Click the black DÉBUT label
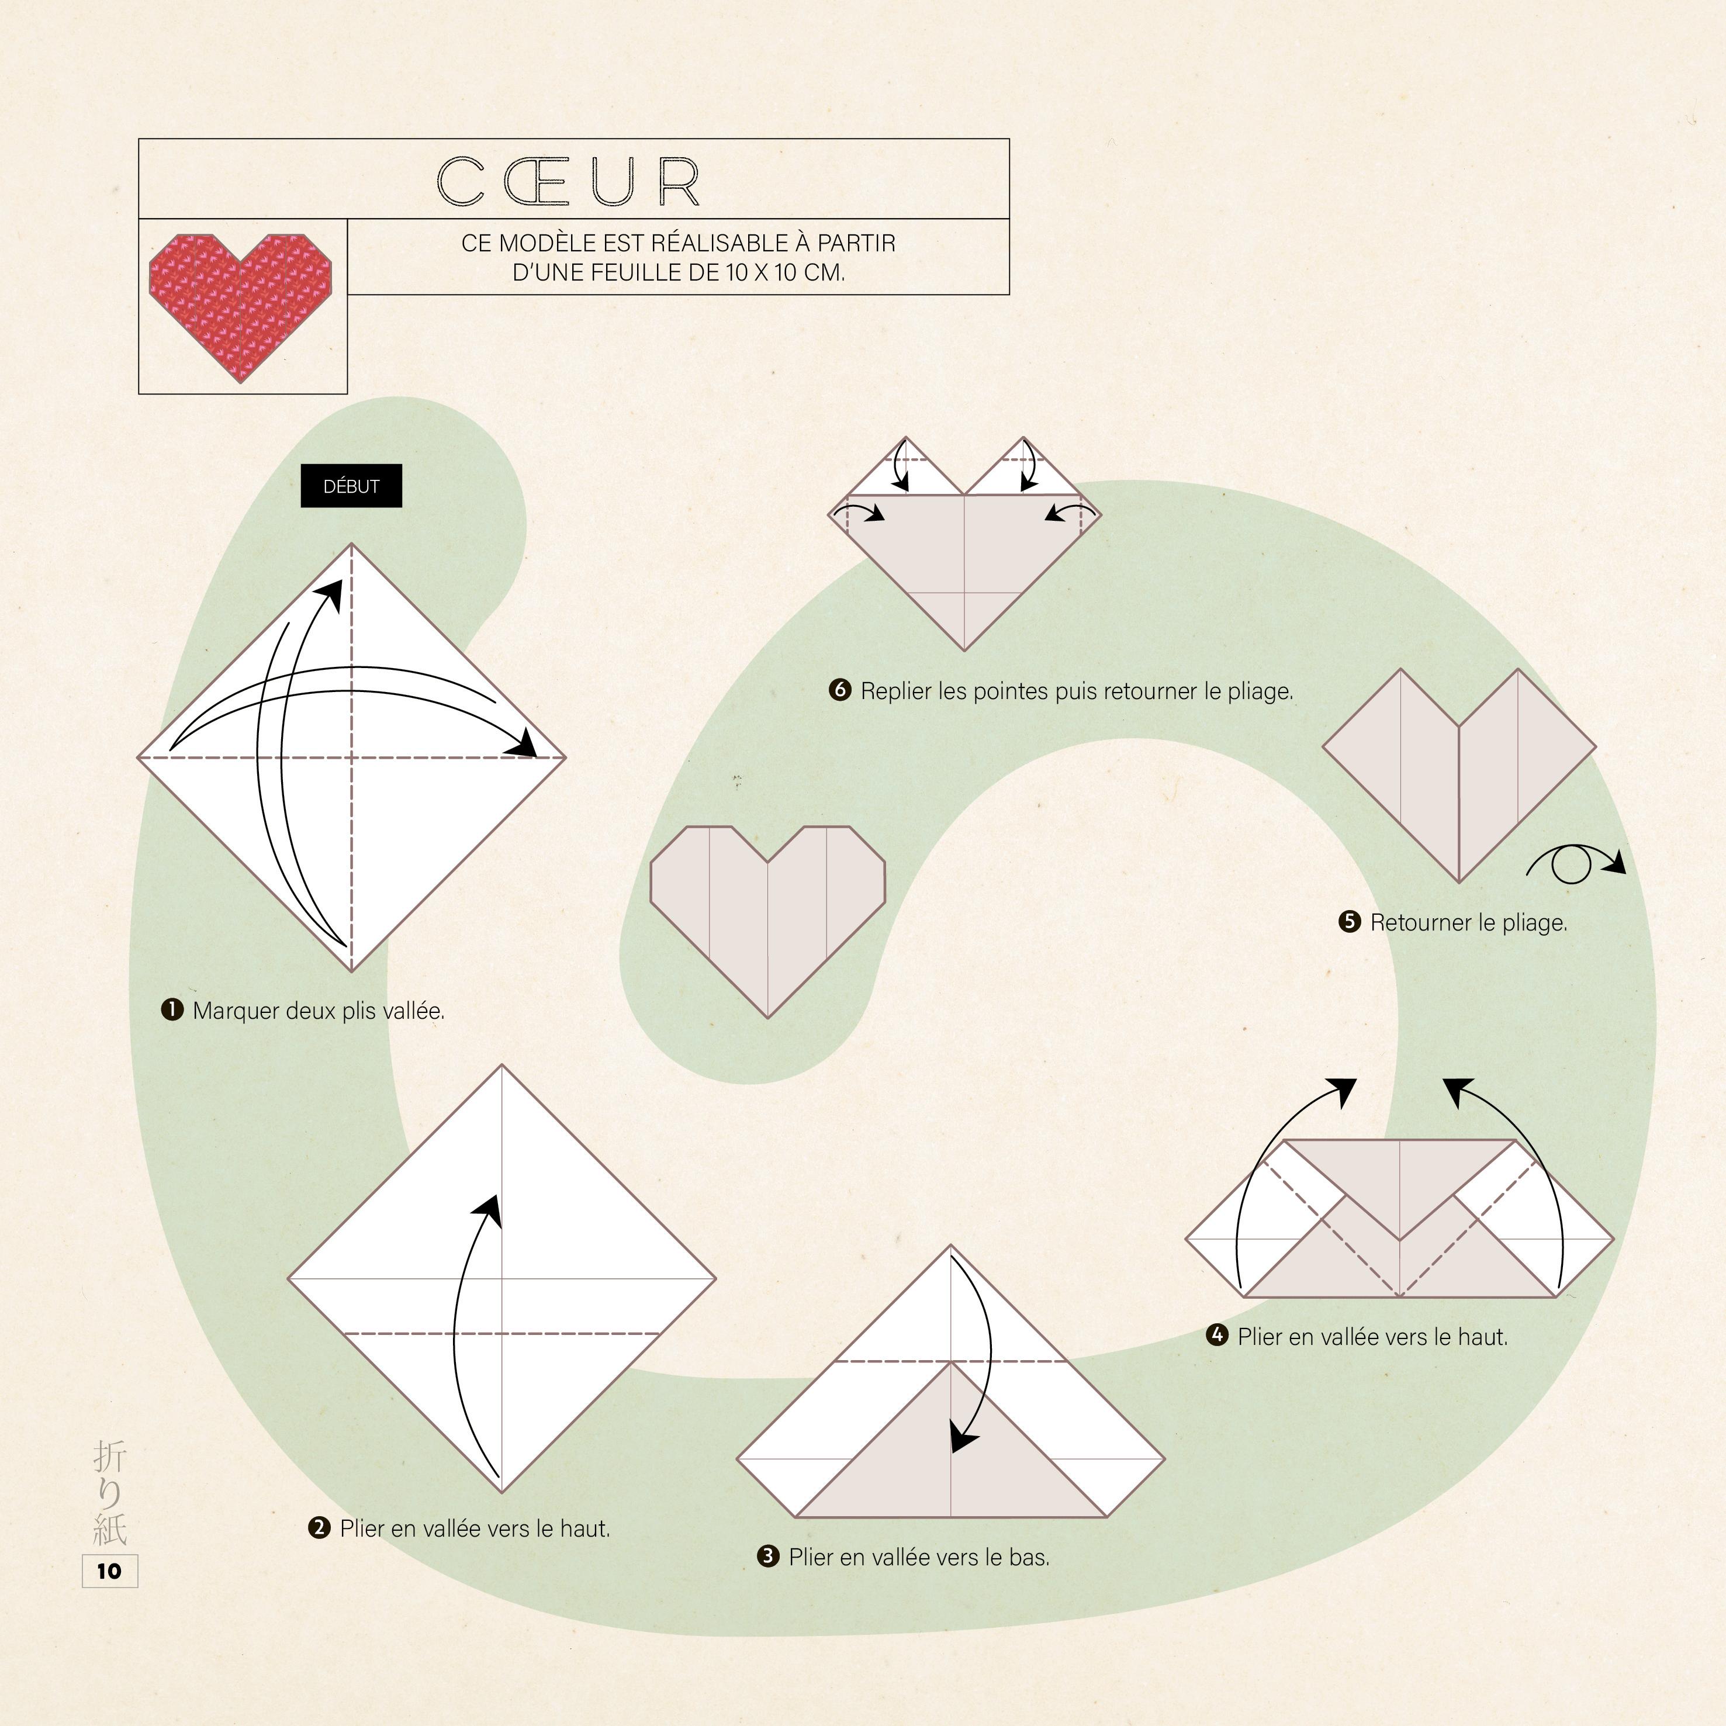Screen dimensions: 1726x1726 coord(351,486)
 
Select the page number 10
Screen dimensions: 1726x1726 coord(109,1571)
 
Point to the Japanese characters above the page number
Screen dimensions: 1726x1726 coord(110,1492)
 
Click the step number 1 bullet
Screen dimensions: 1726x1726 coord(171,1009)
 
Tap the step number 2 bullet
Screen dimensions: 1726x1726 coord(319,1528)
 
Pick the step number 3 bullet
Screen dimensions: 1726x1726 coord(767,1556)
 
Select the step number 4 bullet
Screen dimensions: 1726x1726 coord(1217,1336)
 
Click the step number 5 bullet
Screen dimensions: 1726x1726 coord(1349,921)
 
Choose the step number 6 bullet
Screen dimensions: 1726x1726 coord(840,690)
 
